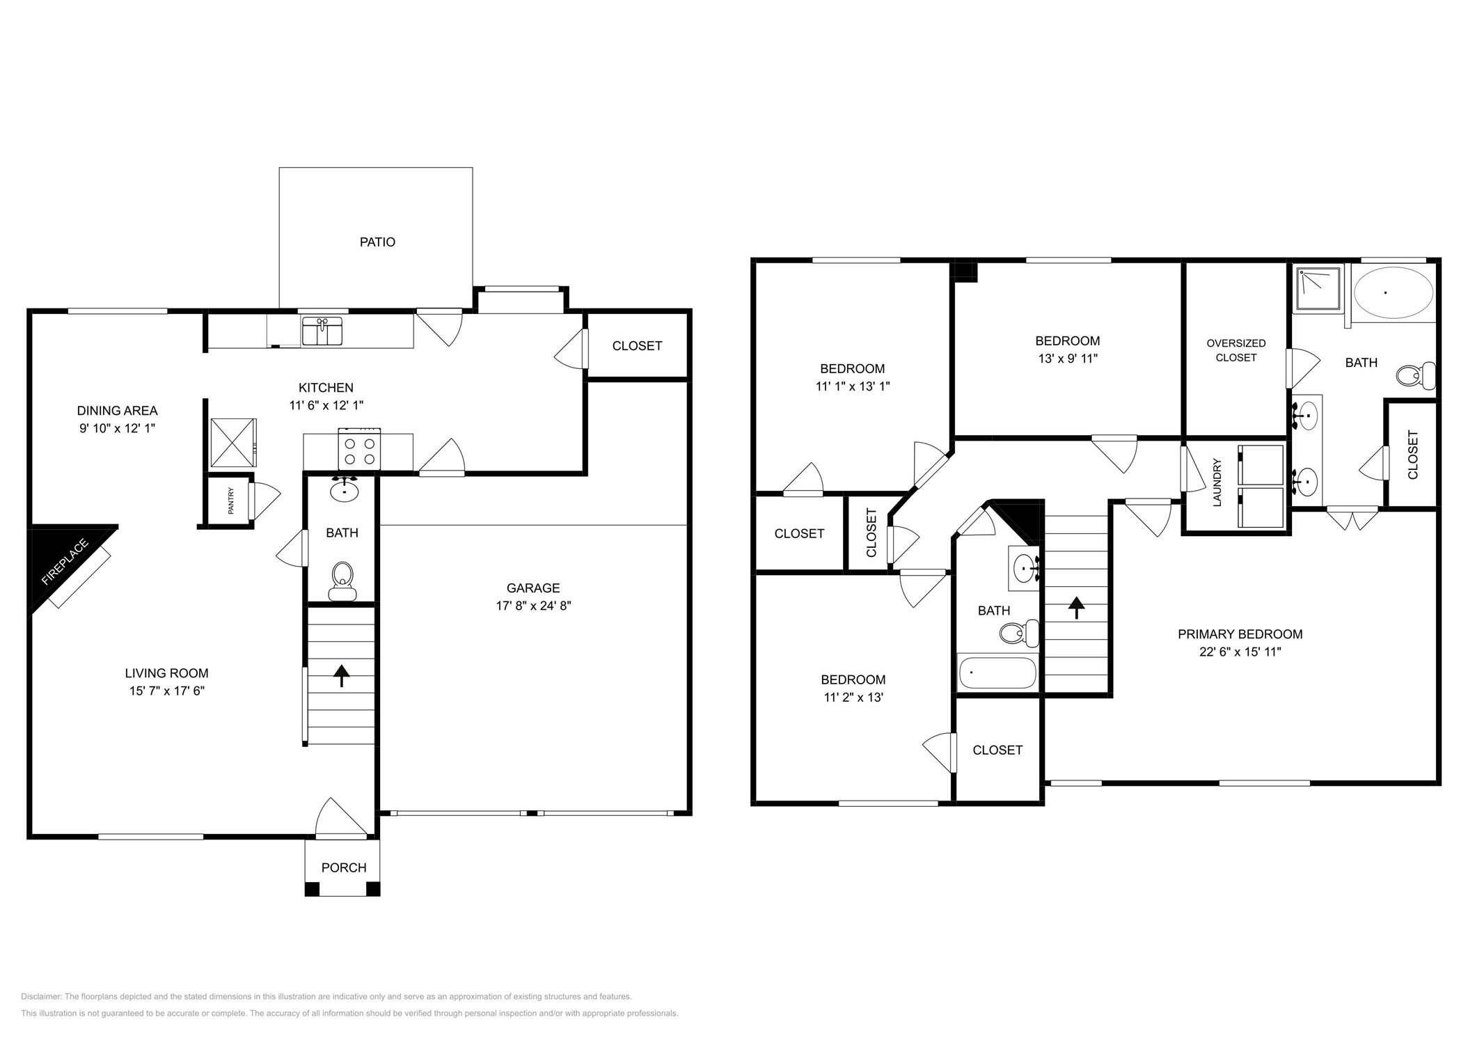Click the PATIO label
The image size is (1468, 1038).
coord(377,242)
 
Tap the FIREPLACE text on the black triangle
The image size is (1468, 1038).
coord(65,561)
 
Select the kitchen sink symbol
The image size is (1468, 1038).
coord(322,331)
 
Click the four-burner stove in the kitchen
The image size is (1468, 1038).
coord(359,450)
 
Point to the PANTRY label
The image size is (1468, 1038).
coord(231,501)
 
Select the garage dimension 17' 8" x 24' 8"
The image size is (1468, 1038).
coord(533,606)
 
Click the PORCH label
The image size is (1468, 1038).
coord(344,867)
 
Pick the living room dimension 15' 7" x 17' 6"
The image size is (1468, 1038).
coord(167,691)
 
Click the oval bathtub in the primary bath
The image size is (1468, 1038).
coord(1394,292)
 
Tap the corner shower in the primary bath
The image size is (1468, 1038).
coord(1318,289)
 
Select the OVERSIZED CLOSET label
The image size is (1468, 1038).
coord(1236,350)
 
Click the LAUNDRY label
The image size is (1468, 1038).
coord(1217,482)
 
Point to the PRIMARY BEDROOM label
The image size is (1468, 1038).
coord(1240,634)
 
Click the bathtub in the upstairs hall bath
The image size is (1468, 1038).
coord(997,673)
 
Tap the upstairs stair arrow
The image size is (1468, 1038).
coord(1076,607)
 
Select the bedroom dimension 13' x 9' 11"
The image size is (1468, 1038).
coord(1067,359)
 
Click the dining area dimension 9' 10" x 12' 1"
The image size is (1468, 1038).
coord(117,428)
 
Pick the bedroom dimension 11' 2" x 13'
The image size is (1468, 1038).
coord(853,698)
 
